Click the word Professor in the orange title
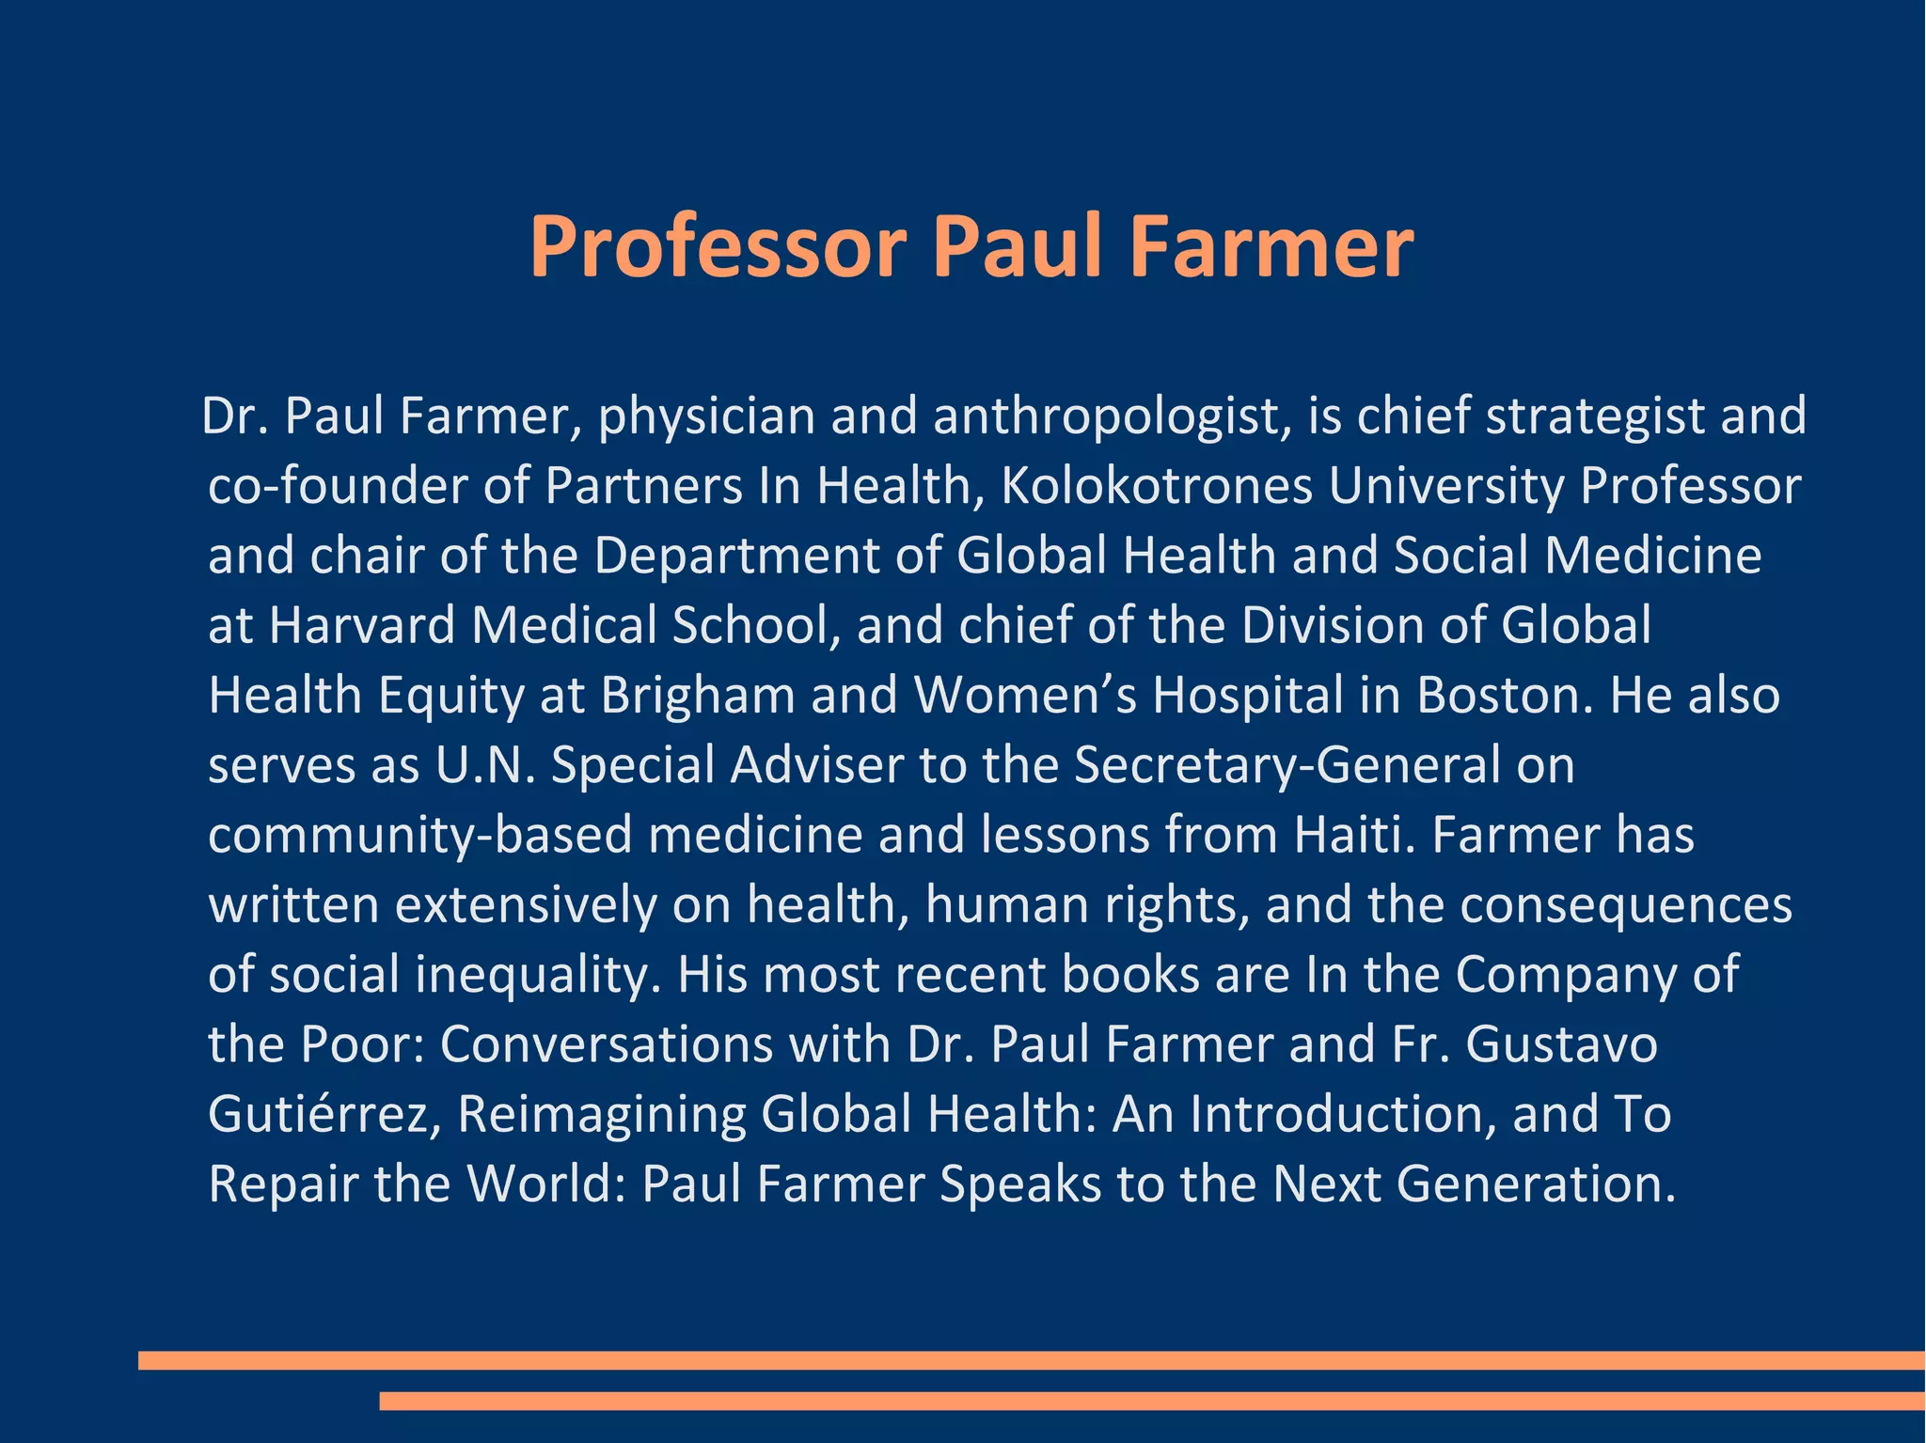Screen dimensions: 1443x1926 pyautogui.click(x=718, y=247)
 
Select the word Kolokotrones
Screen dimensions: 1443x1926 pyautogui.click(x=1156, y=486)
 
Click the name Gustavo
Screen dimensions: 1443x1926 pyautogui.click(x=1561, y=1043)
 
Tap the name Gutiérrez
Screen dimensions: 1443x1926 pyautogui.click(x=324, y=1114)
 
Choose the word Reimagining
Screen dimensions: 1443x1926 pyautogui.click(x=601, y=1114)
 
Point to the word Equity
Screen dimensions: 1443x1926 pyautogui.click(x=450, y=696)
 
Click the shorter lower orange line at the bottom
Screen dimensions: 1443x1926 pyautogui.click(x=1152, y=1401)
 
